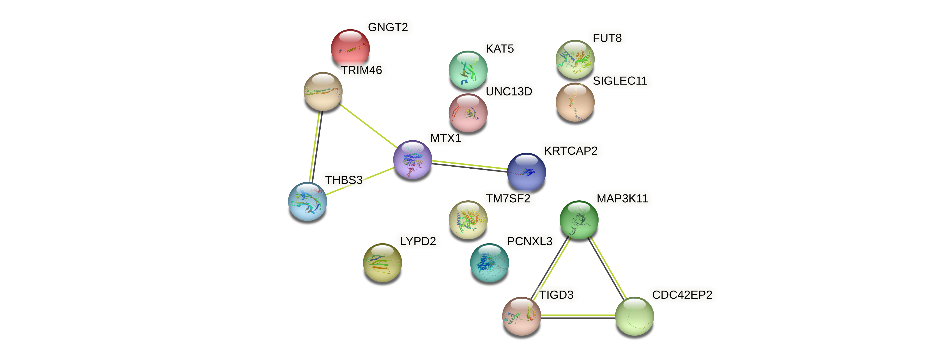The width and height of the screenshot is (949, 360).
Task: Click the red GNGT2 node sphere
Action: coord(350,48)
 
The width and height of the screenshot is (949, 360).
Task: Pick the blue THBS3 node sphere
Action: coord(307,201)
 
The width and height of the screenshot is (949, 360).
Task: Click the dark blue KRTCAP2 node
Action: coord(527,172)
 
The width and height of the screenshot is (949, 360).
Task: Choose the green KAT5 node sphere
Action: coord(468,70)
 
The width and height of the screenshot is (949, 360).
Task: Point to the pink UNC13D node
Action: coord(468,113)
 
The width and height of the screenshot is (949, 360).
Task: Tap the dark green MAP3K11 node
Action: coord(579,220)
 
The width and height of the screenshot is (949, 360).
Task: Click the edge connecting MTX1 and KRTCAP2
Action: coord(469,166)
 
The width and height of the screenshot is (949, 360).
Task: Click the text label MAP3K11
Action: coord(622,199)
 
